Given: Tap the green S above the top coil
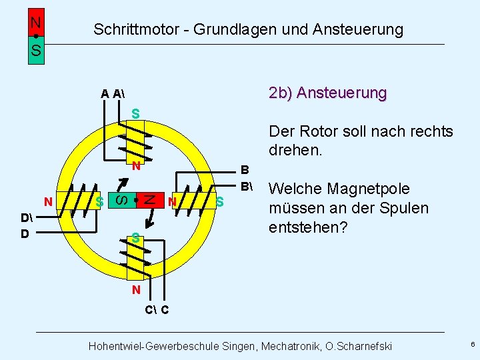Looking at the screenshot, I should (135, 114).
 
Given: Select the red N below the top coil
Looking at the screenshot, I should (135, 166).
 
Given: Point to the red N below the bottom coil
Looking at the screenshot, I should (135, 289).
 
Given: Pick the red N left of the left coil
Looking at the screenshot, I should (48, 201).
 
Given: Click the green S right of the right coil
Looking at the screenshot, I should (220, 201).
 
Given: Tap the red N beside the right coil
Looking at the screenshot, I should (172, 201).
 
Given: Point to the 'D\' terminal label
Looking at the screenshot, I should (26, 219).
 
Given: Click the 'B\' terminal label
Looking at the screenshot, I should (246, 185).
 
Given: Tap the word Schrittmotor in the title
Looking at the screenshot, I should (133, 29).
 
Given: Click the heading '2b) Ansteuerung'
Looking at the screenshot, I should (327, 93).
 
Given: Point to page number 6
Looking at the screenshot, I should (472, 345).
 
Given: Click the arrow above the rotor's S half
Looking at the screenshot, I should (121, 182).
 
